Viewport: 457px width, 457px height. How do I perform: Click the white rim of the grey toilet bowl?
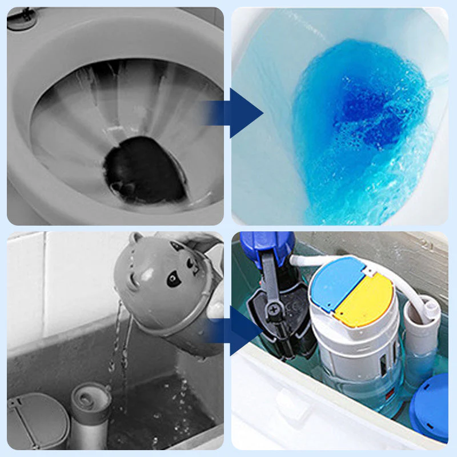pos(40,143)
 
